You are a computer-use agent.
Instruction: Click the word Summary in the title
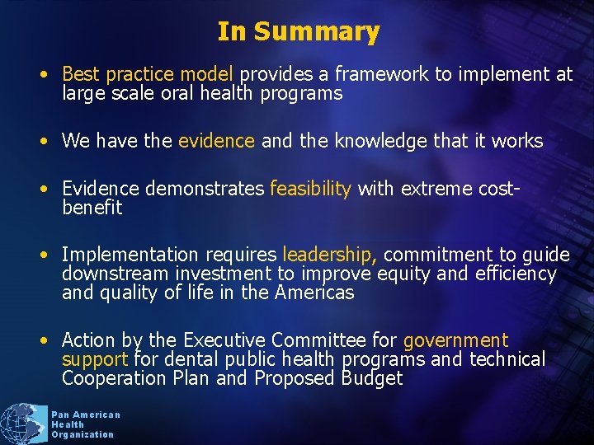[x=317, y=32]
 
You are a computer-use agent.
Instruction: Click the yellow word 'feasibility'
[x=311, y=190]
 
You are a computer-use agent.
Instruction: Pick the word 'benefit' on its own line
[x=92, y=208]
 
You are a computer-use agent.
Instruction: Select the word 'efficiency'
[x=516, y=274]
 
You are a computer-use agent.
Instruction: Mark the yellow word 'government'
[x=455, y=340]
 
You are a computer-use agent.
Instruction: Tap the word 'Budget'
[x=372, y=378]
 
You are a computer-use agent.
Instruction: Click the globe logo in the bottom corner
[x=23, y=424]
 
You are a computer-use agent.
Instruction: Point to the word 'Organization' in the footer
[x=82, y=434]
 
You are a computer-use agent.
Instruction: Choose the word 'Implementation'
[x=129, y=255]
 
